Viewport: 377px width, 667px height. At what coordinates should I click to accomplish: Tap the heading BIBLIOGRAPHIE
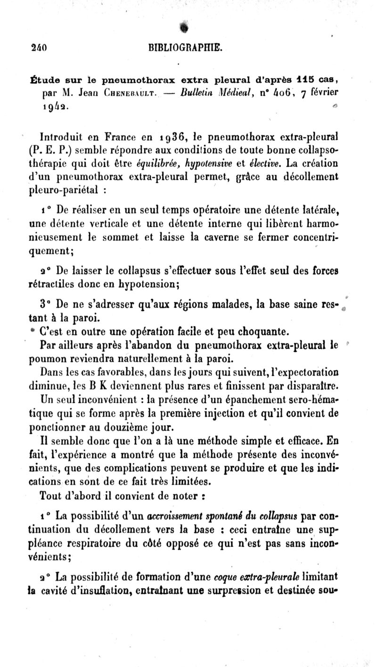[x=184, y=47]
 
